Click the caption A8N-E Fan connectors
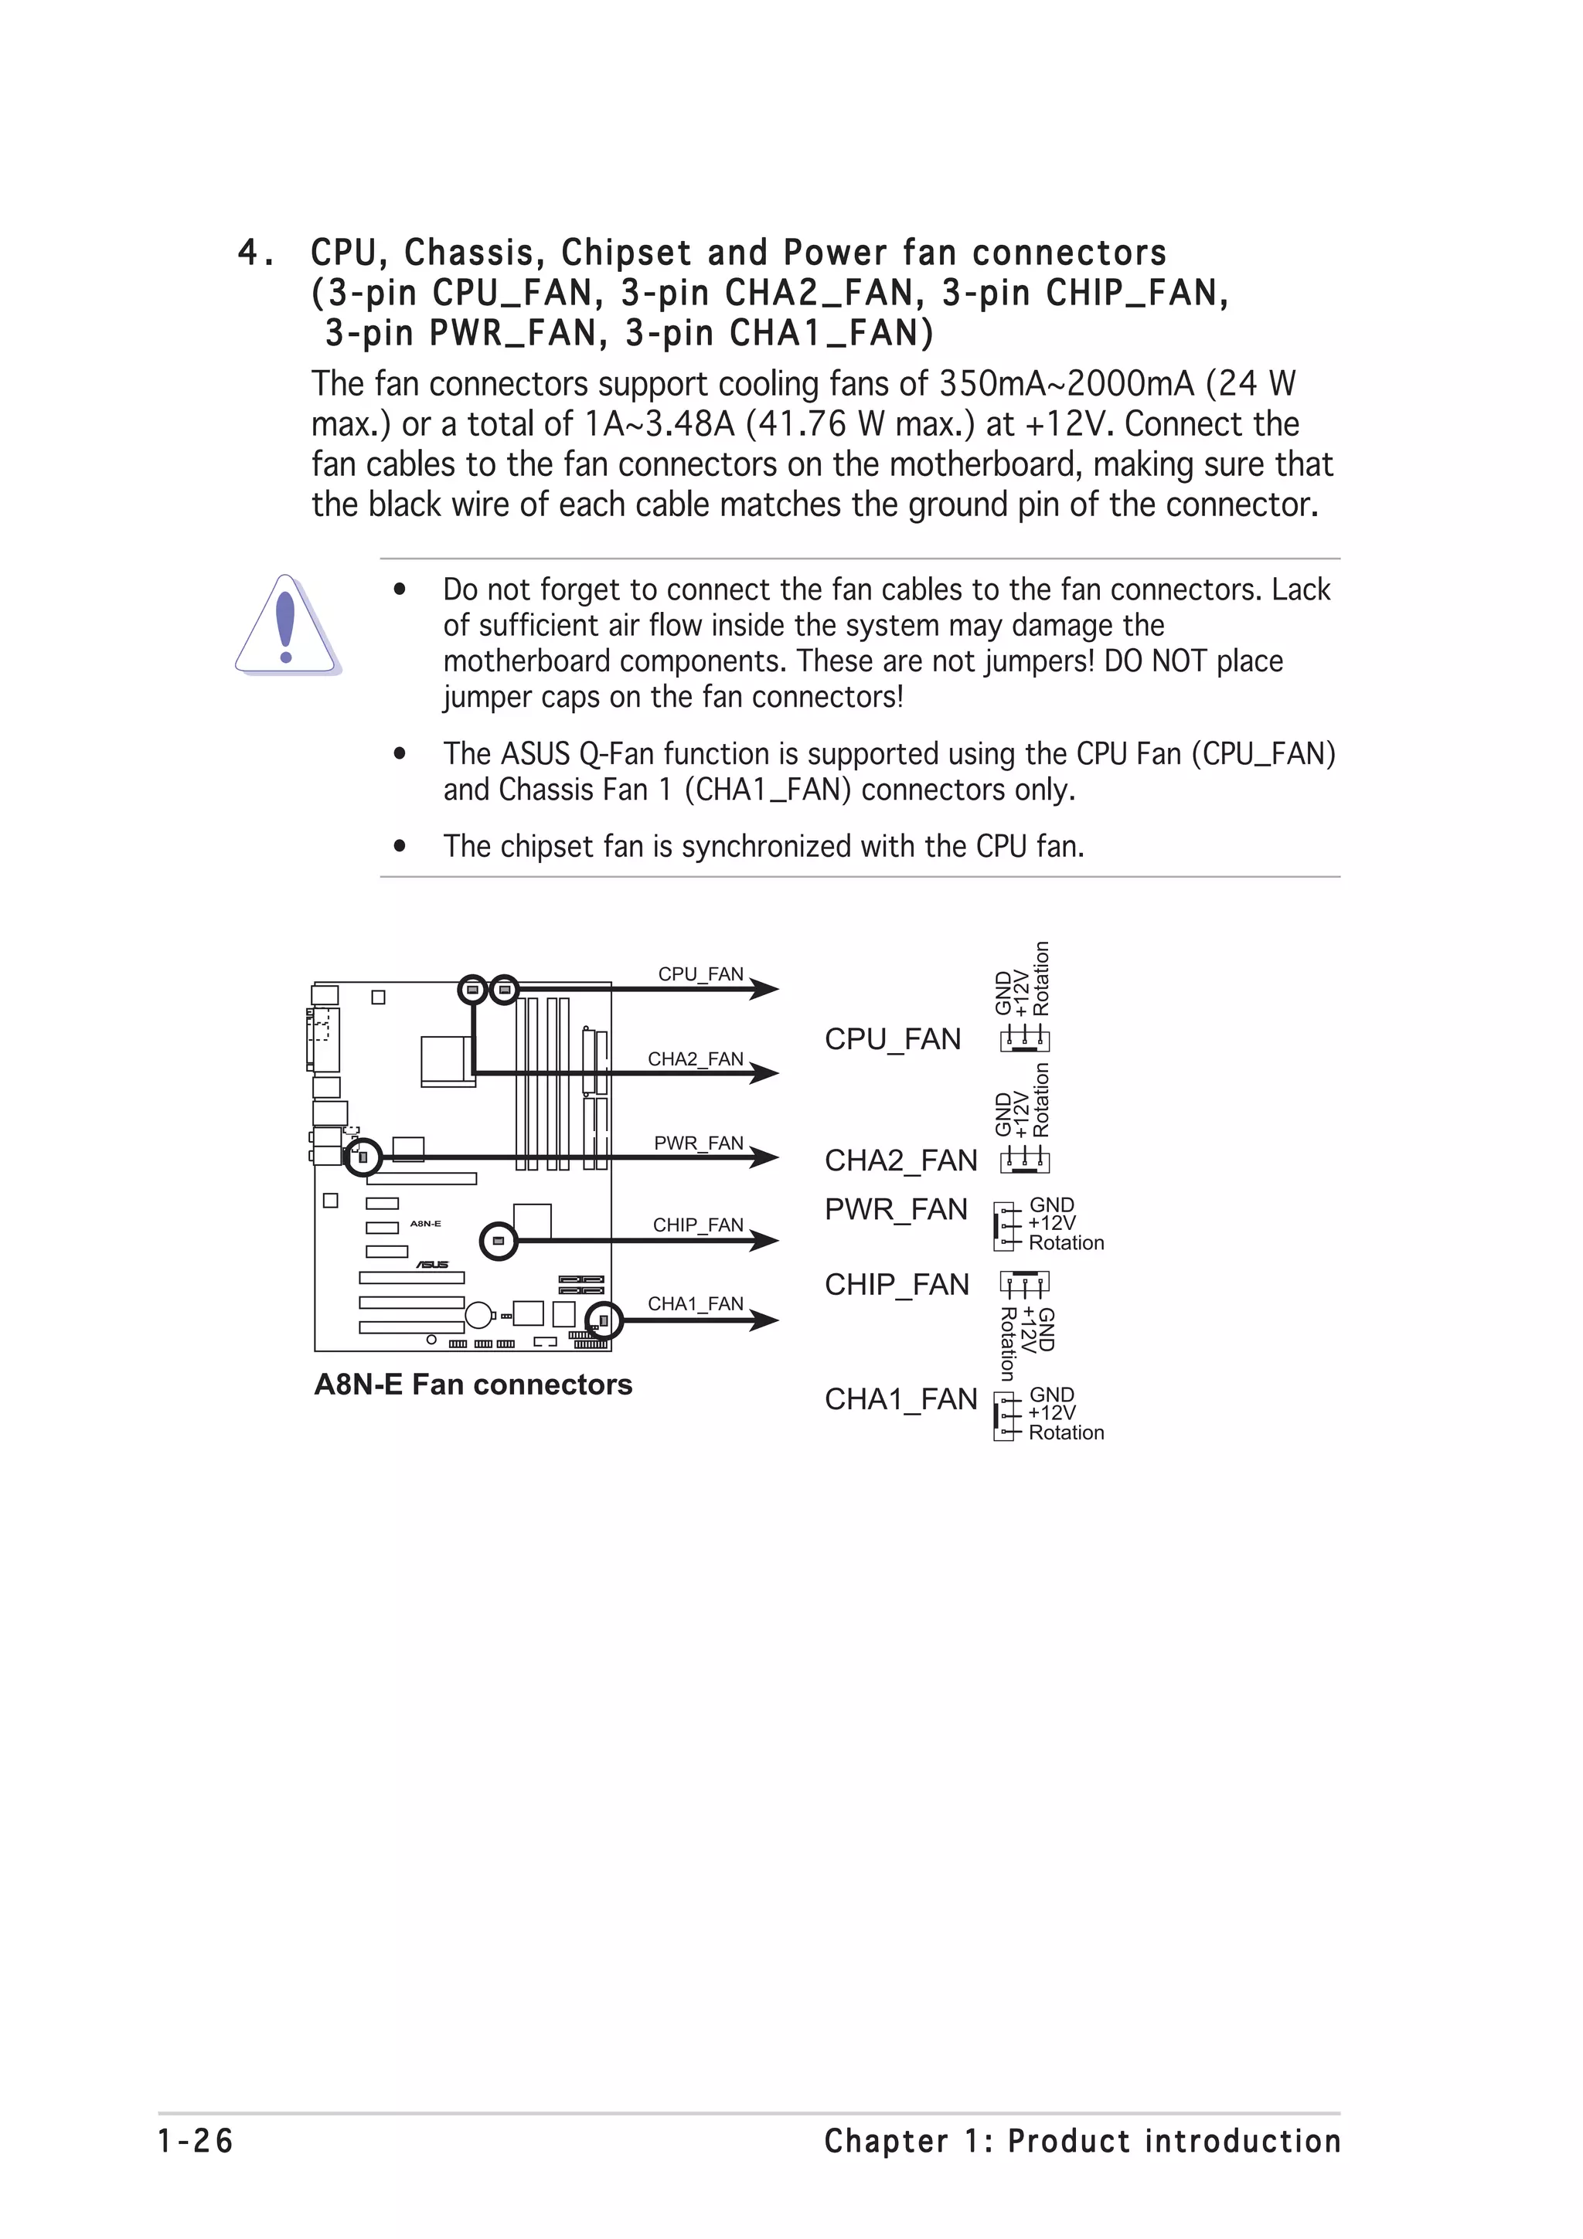[x=473, y=1385]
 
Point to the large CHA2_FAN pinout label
[x=900, y=1160]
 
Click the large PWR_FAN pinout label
[x=895, y=1209]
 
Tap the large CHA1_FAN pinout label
[x=900, y=1399]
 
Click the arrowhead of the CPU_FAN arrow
[x=766, y=989]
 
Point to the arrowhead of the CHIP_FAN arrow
[x=766, y=1241]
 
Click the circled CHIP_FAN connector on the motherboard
[x=499, y=1242]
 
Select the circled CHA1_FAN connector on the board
[x=604, y=1321]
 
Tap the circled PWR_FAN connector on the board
[x=363, y=1157]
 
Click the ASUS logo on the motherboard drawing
[x=432, y=1265]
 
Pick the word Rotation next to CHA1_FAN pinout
[x=1066, y=1432]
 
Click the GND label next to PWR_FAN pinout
[x=1051, y=1205]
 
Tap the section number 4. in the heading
[x=256, y=253]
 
